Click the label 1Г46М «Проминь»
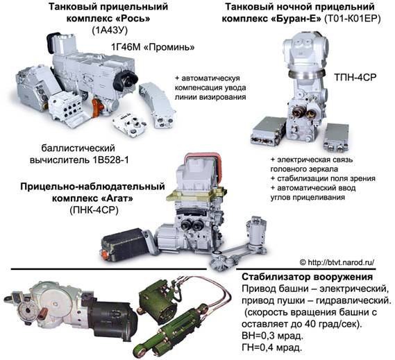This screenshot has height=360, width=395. tap(157, 46)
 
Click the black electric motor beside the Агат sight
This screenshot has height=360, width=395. tap(125, 243)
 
